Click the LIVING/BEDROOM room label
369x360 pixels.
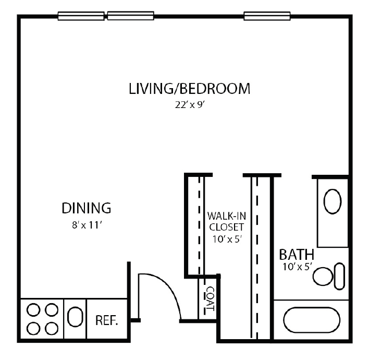click(x=189, y=89)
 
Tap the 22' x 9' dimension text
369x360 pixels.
click(x=189, y=104)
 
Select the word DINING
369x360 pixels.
click(x=87, y=208)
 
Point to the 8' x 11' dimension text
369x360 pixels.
click(x=87, y=225)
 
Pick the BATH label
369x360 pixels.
click(x=297, y=255)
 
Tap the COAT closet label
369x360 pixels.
click(x=210, y=299)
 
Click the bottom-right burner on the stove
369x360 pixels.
click(x=51, y=328)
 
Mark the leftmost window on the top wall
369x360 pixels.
click(x=81, y=16)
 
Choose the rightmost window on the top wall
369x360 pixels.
click(x=267, y=16)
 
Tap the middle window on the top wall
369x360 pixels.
click(x=130, y=16)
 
